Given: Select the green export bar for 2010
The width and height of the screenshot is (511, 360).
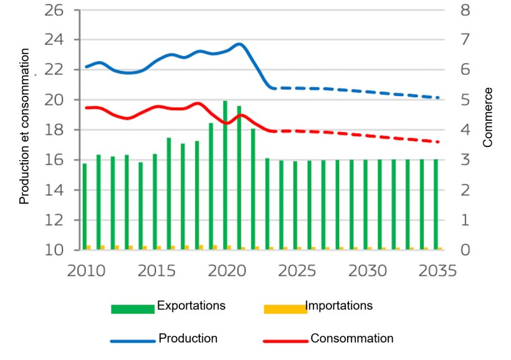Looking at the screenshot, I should [x=85, y=206].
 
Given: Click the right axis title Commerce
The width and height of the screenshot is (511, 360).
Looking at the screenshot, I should [x=488, y=117].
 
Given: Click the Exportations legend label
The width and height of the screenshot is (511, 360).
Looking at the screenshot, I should [x=191, y=306].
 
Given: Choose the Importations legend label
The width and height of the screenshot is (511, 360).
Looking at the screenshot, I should [x=339, y=306].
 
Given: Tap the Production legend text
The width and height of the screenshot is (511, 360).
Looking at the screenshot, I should [x=188, y=339].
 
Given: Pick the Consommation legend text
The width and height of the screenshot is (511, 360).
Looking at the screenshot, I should [x=352, y=339].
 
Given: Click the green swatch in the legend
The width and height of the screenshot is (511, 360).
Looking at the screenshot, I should [x=132, y=309].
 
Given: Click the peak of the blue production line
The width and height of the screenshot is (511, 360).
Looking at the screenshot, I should [x=239, y=44].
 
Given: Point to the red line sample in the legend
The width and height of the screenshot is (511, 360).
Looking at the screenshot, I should [x=285, y=341].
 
